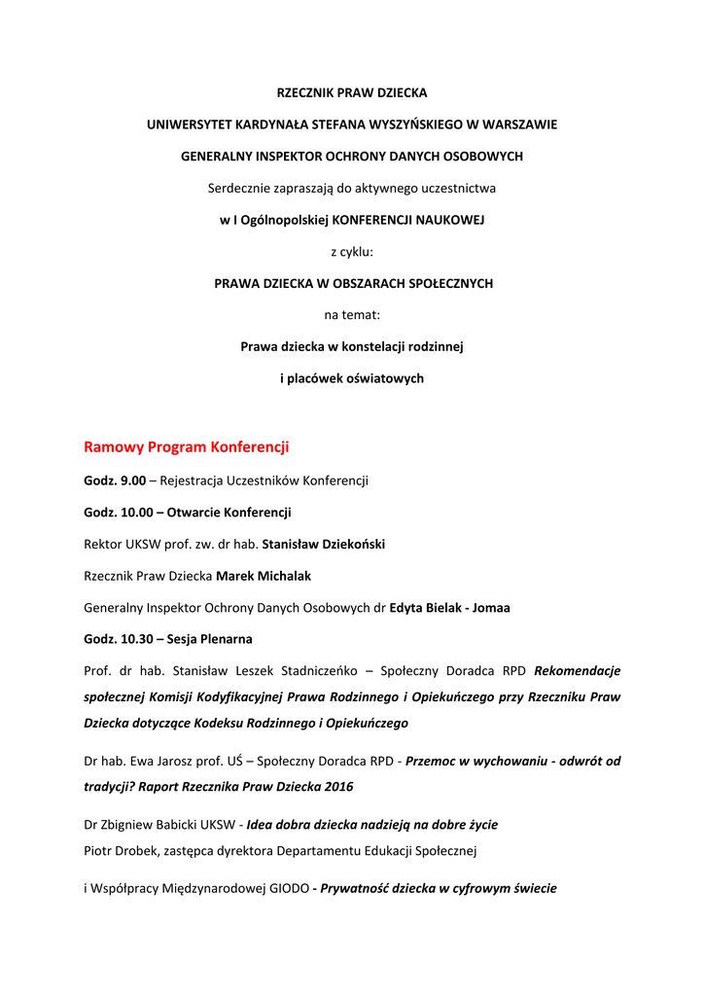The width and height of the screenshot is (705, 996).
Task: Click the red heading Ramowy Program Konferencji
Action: tap(187, 447)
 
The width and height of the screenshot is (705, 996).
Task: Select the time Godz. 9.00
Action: tap(115, 480)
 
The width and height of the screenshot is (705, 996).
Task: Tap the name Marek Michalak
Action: tap(264, 576)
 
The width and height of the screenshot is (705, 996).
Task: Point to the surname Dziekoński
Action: tap(346, 544)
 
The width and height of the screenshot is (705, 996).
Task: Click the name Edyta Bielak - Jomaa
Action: tap(449, 608)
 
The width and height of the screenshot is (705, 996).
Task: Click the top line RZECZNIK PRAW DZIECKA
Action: tap(352, 93)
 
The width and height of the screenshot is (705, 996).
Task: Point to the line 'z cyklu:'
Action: tap(352, 252)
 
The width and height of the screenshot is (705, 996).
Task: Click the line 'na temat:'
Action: tap(352, 315)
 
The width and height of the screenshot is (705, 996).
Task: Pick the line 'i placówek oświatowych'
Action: tap(352, 378)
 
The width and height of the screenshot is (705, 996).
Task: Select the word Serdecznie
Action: tap(240, 188)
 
